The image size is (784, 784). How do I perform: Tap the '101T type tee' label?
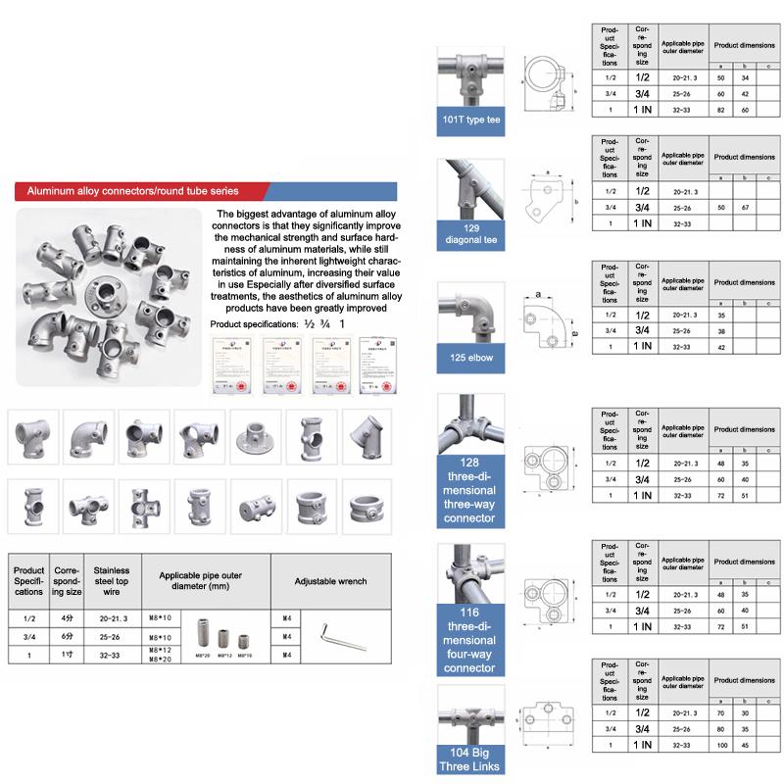point(469,121)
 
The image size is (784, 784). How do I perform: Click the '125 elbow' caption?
point(469,358)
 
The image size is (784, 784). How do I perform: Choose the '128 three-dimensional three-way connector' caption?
point(469,490)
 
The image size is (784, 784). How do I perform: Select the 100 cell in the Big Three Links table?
point(722,747)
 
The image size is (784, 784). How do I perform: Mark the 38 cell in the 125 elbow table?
point(722,332)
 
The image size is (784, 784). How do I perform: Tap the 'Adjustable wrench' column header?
point(330,581)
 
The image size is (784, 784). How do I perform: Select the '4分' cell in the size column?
point(66,617)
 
